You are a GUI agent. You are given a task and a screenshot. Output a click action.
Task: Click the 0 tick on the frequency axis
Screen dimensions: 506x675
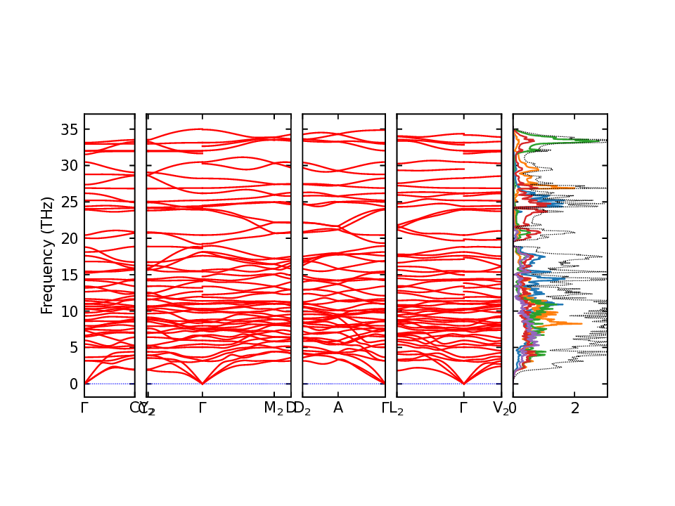pos(73,384)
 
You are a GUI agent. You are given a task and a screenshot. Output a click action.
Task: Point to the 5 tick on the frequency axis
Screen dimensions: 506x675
pos(73,347)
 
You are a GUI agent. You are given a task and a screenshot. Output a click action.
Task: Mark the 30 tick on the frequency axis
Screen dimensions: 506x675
pos(70,165)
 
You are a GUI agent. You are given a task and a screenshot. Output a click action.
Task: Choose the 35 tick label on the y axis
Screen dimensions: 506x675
pos(70,129)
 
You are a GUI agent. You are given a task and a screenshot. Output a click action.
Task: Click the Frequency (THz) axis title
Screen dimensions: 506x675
pos(47,256)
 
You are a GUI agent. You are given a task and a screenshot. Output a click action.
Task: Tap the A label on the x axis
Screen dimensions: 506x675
pos(338,408)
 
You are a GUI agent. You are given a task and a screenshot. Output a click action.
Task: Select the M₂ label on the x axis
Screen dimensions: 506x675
pos(274,408)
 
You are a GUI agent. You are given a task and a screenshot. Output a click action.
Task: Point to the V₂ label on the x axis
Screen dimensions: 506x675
pos(501,408)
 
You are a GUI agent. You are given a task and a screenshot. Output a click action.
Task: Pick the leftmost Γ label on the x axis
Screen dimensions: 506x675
pos(84,408)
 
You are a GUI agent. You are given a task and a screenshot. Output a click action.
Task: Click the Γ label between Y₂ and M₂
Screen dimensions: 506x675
pos(202,408)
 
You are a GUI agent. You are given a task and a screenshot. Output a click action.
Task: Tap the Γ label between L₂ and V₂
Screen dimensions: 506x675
pos(463,408)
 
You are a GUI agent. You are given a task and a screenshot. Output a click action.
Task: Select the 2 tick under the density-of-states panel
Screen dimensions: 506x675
pos(575,408)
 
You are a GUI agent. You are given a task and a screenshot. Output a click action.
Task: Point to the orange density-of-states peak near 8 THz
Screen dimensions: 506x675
pos(581,324)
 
